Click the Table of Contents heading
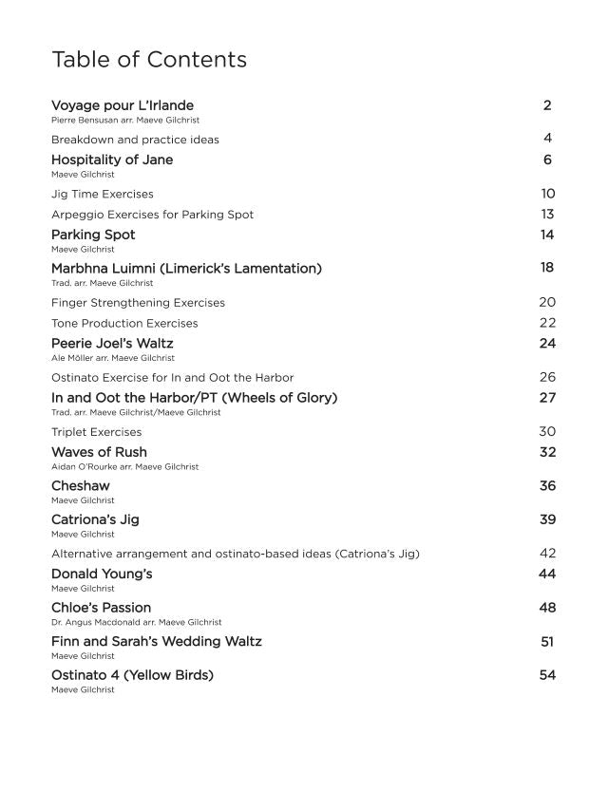click(x=149, y=60)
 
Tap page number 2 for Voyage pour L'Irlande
click(x=547, y=104)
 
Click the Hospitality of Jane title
click(x=112, y=160)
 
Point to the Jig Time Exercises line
click(x=103, y=194)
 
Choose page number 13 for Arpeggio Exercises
click(x=547, y=214)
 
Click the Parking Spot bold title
click(x=93, y=235)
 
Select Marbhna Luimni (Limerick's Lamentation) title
click(x=186, y=269)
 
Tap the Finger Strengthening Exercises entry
click(x=138, y=303)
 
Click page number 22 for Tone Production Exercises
click(x=547, y=323)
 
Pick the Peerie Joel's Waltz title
click(x=112, y=343)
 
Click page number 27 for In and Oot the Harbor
click(x=547, y=398)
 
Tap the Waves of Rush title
click(x=99, y=452)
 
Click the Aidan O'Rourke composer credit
click(x=124, y=467)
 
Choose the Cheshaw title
click(x=78, y=486)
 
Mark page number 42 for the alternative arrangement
click(x=547, y=553)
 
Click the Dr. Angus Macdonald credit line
click(x=136, y=622)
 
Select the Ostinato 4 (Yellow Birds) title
click(x=132, y=675)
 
